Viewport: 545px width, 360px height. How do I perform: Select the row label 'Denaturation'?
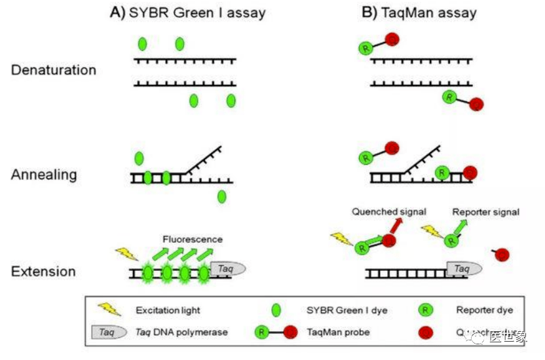point(54,70)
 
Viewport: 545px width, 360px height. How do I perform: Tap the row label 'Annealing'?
point(44,175)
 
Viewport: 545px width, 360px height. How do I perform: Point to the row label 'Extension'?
point(43,271)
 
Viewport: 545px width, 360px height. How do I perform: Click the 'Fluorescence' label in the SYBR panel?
point(193,240)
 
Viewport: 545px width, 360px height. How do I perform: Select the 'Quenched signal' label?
point(389,211)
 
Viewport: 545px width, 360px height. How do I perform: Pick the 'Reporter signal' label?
point(485,212)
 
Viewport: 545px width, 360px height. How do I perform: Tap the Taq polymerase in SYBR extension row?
point(227,268)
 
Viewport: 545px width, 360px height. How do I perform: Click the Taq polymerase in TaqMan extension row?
point(464,268)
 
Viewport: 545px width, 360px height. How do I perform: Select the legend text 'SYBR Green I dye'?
point(342,310)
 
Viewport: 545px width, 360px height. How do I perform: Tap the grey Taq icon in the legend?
point(107,333)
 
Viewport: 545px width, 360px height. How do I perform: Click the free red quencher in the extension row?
point(501,255)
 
